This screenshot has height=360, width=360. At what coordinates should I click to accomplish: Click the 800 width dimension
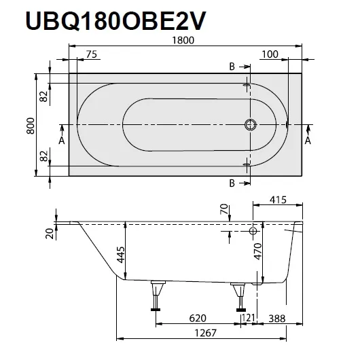(31, 126)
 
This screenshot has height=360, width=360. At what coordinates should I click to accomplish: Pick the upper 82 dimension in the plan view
(44, 96)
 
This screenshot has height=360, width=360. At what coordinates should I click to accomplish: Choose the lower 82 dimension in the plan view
(44, 156)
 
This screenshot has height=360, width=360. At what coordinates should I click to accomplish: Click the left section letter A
(62, 141)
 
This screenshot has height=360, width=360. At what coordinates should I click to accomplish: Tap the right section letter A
(308, 141)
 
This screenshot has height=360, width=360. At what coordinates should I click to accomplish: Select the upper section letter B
(232, 67)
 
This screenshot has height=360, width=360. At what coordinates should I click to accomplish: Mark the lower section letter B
(232, 184)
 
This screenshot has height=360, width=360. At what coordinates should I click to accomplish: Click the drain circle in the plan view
(250, 126)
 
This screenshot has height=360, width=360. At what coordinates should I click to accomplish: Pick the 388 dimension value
(276, 318)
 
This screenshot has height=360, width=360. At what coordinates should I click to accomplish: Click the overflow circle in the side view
(253, 232)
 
